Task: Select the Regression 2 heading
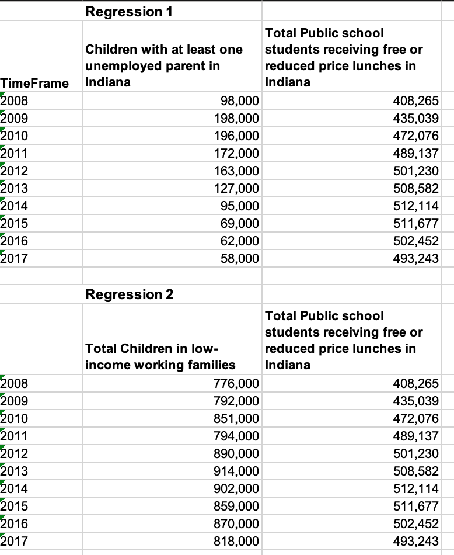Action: click(x=129, y=294)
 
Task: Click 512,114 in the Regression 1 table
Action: click(x=415, y=206)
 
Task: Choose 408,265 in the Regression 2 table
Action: click(x=415, y=383)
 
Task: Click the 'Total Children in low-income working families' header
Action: click(x=160, y=357)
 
